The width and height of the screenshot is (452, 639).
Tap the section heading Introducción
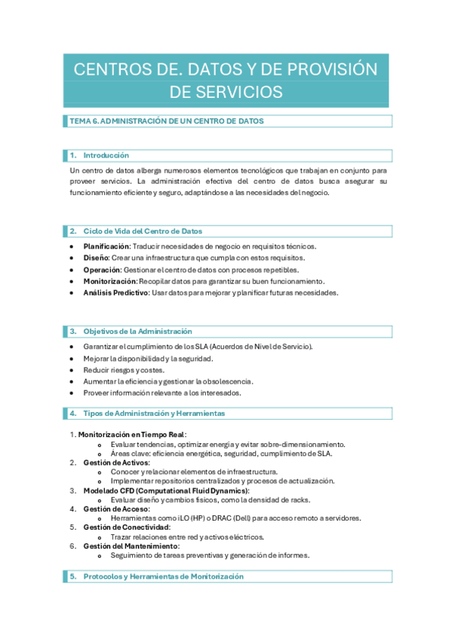106,155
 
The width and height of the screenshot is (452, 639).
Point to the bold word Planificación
106,246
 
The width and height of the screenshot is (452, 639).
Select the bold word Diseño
97,258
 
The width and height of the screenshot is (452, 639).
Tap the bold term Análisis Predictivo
115,292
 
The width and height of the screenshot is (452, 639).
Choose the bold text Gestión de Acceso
115,509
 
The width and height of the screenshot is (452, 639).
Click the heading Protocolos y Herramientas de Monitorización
164,576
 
